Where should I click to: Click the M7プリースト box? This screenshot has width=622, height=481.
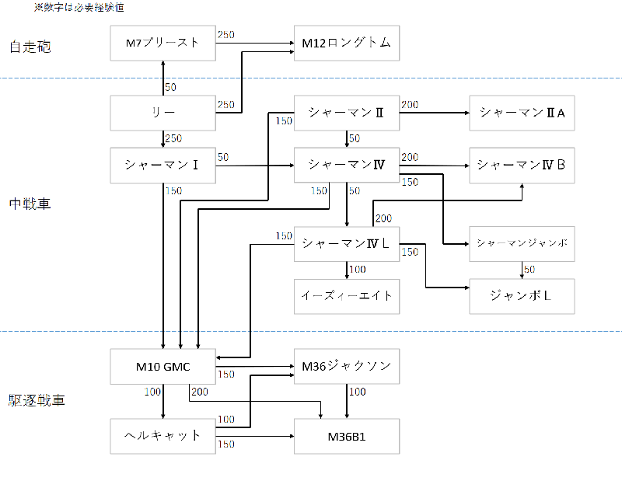coord(163,44)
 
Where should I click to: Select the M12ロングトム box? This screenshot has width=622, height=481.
coord(347,44)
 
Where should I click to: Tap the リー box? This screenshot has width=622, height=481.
coord(163,113)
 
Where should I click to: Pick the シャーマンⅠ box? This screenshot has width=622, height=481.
coord(163,165)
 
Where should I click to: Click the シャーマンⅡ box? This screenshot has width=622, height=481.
coord(347,113)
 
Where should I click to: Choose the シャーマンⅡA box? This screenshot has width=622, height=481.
coord(522,113)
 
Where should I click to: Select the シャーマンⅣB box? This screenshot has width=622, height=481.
coord(522,165)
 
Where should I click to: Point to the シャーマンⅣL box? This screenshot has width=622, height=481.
coord(347,243)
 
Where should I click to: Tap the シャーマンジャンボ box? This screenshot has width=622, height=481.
coord(522,243)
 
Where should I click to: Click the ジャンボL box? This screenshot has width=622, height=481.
coord(522,296)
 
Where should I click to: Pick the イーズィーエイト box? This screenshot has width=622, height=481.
coord(347,296)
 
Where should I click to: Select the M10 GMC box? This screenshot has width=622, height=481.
coord(163,366)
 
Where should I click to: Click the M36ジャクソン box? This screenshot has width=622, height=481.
coord(347,366)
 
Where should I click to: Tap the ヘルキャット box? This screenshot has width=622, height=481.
coord(163,436)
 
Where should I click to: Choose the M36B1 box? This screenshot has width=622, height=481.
coord(347,436)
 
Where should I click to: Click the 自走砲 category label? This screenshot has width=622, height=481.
coord(30,47)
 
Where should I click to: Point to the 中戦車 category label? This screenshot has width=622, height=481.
coord(30,205)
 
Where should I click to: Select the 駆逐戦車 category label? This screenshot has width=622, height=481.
coord(37,401)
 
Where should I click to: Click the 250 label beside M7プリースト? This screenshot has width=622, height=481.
coord(226,35)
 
